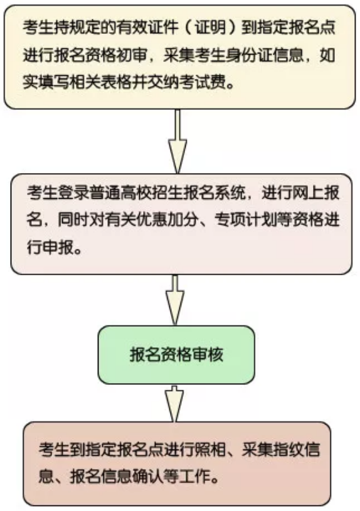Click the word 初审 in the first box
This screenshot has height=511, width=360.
pos(131,55)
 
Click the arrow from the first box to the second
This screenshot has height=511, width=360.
pos(177,142)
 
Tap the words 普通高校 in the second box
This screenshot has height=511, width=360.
pos(120,193)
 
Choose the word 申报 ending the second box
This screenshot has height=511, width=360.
pos(58,249)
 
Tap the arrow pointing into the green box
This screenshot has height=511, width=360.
pos(175,300)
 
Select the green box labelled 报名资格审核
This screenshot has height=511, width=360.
pos(176,355)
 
